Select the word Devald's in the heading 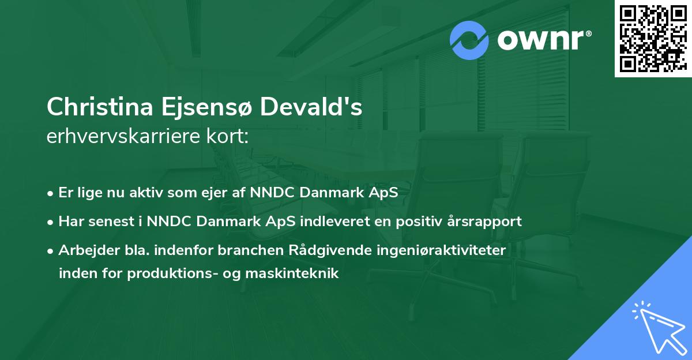312,107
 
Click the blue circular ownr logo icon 469,40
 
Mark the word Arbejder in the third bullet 83,250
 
